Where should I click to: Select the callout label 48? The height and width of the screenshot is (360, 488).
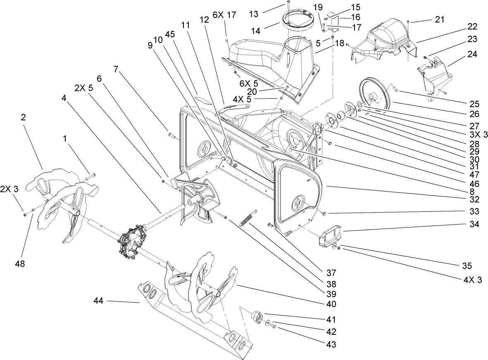[20, 264]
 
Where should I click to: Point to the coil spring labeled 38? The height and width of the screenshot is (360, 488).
[248, 218]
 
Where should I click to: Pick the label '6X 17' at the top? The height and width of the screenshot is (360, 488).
[224, 14]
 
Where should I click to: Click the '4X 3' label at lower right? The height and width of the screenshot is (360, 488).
[473, 279]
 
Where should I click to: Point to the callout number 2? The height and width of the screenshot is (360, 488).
[23, 117]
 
